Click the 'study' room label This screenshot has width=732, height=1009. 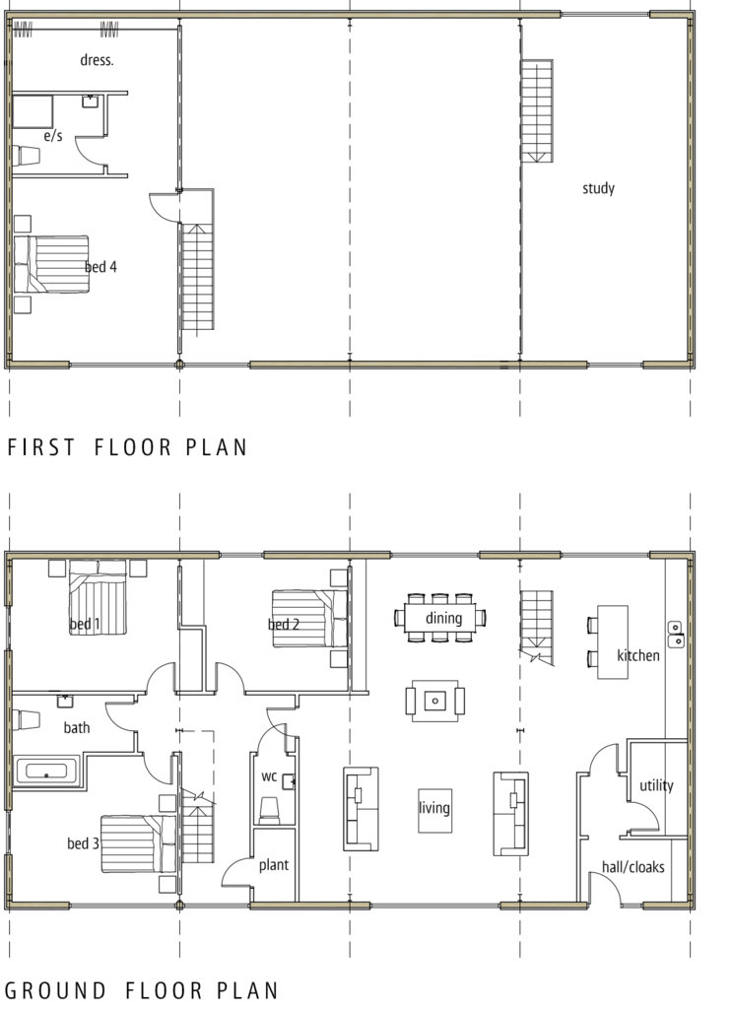[598, 188]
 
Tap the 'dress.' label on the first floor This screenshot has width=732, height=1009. [97, 60]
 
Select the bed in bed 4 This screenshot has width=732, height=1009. [51, 264]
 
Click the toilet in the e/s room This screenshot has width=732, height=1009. [27, 156]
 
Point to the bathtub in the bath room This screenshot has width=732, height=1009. [46, 771]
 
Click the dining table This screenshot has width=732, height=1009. [440, 618]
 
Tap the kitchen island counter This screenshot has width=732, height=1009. [613, 641]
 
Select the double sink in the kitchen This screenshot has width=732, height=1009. [676, 634]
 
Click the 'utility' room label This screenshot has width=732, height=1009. [656, 785]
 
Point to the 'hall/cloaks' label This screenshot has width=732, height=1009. [632, 867]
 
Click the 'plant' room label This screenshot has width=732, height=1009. [273, 865]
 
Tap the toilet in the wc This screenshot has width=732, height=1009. [269, 810]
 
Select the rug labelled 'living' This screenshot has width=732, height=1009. [434, 810]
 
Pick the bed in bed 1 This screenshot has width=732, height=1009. [98, 598]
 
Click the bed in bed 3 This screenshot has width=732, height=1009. [138, 844]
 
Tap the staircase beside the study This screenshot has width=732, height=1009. [537, 110]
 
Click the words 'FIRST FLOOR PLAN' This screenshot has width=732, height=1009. [127, 447]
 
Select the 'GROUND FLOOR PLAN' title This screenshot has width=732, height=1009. [142, 990]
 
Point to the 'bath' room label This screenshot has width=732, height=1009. [77, 728]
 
